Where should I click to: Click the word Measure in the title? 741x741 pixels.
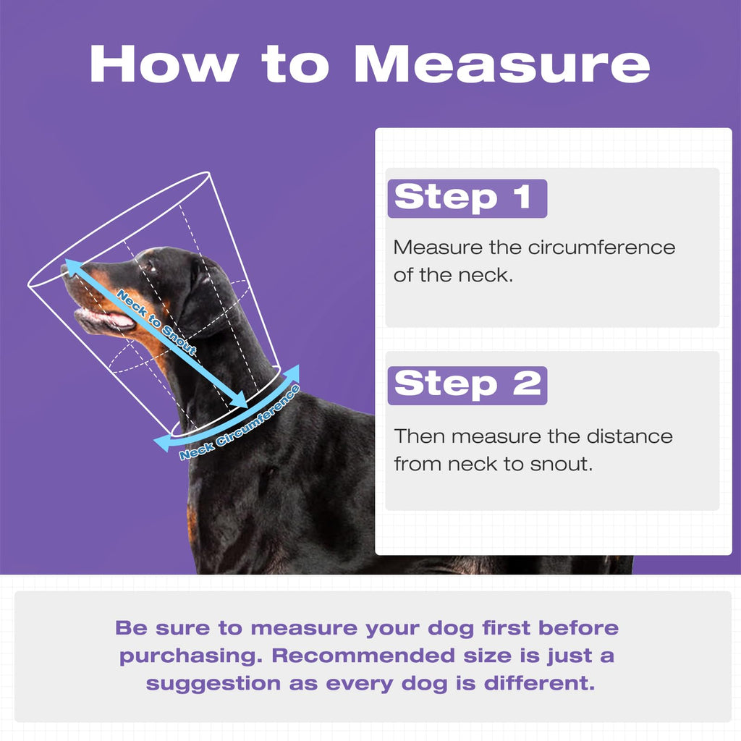click(x=502, y=64)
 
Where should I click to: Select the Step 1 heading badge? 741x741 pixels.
click(x=467, y=198)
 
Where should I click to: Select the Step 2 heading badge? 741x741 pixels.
click(x=467, y=385)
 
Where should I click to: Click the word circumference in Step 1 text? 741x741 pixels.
click(x=601, y=247)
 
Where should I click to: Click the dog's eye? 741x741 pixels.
click(x=151, y=268)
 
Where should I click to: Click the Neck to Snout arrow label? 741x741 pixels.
click(x=156, y=322)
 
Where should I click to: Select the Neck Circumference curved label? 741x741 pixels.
click(x=240, y=423)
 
